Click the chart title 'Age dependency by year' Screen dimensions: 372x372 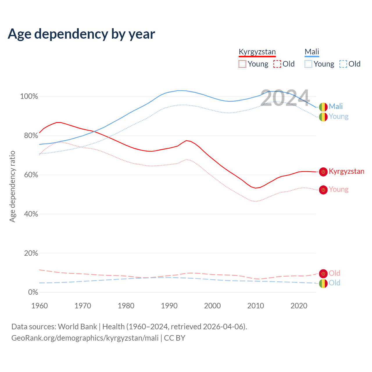click(x=81, y=34)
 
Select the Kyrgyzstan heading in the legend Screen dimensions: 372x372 click(x=257, y=52)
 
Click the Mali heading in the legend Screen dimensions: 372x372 click(x=312, y=52)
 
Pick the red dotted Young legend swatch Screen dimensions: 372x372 click(x=242, y=64)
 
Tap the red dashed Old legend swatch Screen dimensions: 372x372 click(x=277, y=64)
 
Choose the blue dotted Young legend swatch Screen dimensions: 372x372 click(x=308, y=64)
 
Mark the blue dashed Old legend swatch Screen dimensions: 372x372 click(x=343, y=64)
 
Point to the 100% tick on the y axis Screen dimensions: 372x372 click(x=29, y=96)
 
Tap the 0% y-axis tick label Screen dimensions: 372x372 click(x=33, y=292)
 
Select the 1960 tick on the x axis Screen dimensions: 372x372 click(x=40, y=306)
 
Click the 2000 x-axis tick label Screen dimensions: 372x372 click(x=212, y=306)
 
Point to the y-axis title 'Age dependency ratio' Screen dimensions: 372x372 click(x=12, y=186)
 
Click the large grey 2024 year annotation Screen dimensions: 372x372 click(x=285, y=98)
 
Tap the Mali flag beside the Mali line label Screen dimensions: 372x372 click(x=323, y=107)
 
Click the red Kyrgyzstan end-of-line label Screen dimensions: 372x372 click(x=346, y=171)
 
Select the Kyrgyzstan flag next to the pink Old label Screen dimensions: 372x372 click(x=323, y=273)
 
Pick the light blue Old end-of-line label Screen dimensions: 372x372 click(x=335, y=283)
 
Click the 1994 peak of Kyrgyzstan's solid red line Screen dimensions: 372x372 click(x=186, y=141)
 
